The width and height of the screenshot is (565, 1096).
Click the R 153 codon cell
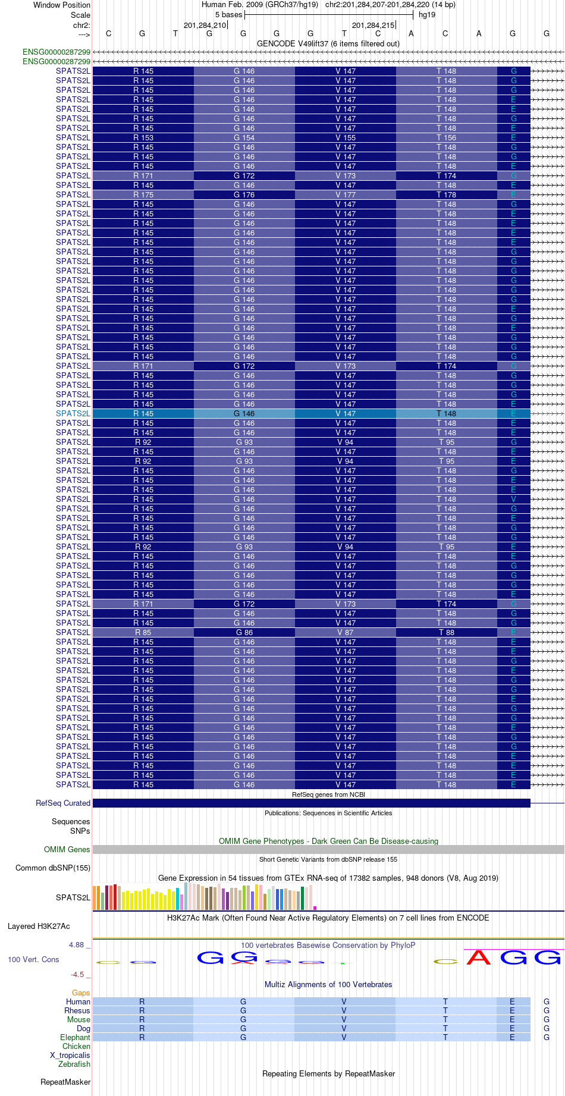pyautogui.click(x=143, y=138)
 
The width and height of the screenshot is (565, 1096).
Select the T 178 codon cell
pyautogui.click(x=446, y=195)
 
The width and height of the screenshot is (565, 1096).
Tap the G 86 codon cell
pyautogui.click(x=244, y=633)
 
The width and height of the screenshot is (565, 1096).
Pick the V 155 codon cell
pyautogui.click(x=345, y=138)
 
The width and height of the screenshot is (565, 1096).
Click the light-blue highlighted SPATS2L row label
pyautogui.click(x=73, y=414)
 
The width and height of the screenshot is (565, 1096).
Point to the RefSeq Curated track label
pyautogui.click(x=63, y=803)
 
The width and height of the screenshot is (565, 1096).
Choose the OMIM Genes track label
pyautogui.click(x=67, y=850)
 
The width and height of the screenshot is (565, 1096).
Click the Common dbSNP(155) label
pyautogui.click(x=53, y=868)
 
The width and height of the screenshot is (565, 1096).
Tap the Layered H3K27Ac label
pyautogui.click(x=39, y=927)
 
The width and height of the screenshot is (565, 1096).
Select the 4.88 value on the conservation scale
pyautogui.click(x=77, y=945)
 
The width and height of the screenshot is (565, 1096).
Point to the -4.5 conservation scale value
pyautogui.click(x=77, y=975)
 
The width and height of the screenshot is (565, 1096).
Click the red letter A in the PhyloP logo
pyautogui.click(x=478, y=957)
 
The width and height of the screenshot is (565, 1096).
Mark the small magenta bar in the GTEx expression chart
pyautogui.click(x=315, y=907)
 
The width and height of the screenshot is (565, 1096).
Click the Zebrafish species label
pyautogui.click(x=74, y=1064)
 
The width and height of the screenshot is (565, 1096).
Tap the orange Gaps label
pyautogui.click(x=81, y=993)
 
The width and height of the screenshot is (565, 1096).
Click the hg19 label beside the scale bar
pyautogui.click(x=427, y=15)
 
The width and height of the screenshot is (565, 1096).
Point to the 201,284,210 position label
pyautogui.click(x=205, y=26)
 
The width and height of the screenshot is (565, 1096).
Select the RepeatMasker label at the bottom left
pyautogui.click(x=65, y=1082)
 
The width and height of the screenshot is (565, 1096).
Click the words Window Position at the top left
pyautogui.click(x=62, y=5)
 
